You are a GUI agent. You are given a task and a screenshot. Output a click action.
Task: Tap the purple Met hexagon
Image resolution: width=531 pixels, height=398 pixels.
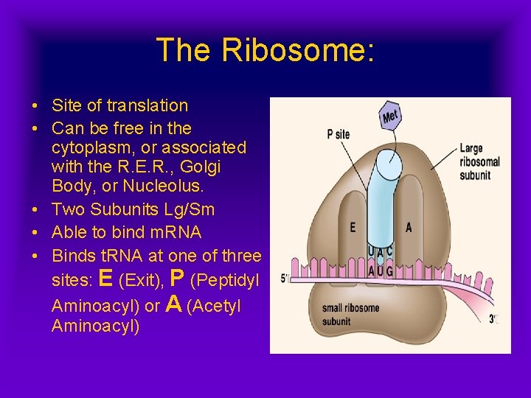click(391, 116)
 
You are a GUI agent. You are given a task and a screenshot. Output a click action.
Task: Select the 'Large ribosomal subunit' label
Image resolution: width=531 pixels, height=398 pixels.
click(479, 161)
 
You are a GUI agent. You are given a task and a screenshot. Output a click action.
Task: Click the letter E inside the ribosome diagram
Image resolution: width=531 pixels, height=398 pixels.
click(353, 228)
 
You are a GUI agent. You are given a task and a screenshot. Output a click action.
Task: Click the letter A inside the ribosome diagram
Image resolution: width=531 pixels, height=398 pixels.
click(409, 228)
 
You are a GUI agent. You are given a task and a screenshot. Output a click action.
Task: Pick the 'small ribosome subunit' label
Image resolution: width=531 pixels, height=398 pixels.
click(350, 314)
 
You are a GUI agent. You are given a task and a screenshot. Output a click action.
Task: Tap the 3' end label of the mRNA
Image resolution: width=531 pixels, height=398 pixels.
click(493, 319)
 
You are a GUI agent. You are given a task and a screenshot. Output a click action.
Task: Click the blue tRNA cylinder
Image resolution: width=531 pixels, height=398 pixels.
click(381, 199)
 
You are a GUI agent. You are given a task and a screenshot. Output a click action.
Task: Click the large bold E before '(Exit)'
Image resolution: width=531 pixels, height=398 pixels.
click(105, 278)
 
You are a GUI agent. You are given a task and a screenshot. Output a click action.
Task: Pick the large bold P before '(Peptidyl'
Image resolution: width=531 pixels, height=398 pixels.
click(177, 278)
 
